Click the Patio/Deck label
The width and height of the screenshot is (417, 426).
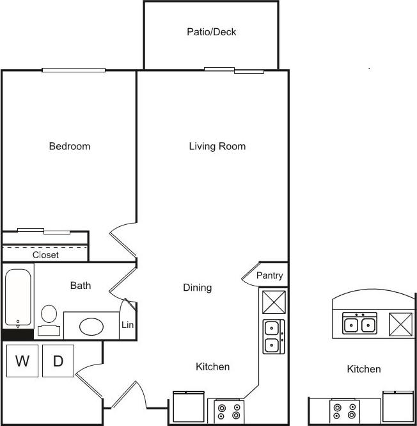(x=211, y=31)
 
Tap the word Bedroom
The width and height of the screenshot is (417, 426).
(x=70, y=146)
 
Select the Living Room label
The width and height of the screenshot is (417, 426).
(x=217, y=146)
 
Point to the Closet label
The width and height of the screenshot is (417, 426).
(x=45, y=254)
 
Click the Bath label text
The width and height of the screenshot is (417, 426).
(x=81, y=285)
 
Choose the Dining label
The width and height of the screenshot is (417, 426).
(x=197, y=288)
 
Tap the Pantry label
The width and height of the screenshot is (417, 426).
(x=269, y=275)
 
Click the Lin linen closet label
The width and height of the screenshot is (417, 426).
(x=127, y=325)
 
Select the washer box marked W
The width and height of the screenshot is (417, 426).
(x=22, y=361)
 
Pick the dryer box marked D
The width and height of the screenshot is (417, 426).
(x=58, y=361)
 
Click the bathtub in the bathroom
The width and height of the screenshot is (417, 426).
(x=18, y=299)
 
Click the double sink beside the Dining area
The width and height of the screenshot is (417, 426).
(x=273, y=336)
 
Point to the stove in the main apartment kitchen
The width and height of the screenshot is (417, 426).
(x=228, y=411)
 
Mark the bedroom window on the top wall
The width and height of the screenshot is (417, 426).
(x=74, y=70)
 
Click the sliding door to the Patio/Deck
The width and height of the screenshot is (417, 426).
(x=234, y=70)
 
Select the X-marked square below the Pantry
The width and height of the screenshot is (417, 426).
(x=274, y=301)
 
